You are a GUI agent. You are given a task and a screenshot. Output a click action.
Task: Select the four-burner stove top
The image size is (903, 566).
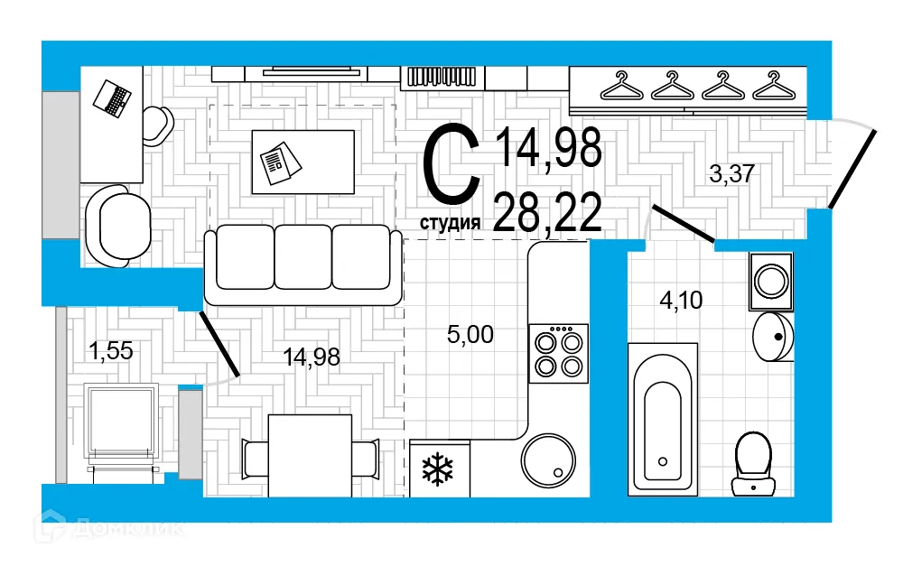tap(558, 353)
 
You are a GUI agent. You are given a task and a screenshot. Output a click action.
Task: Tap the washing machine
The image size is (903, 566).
tap(770, 281)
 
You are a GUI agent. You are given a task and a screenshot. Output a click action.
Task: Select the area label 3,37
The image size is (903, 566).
tap(731, 175)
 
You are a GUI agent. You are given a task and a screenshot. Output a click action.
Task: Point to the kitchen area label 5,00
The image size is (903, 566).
tap(470, 335)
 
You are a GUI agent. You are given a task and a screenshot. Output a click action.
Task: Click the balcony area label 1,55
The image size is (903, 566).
tap(110, 350)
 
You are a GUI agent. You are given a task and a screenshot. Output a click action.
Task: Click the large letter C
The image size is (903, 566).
tap(451, 167)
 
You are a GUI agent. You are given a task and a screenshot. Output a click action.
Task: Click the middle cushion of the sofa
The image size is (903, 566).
tap(303, 256)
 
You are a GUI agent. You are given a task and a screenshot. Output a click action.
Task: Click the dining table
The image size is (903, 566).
tap(310, 455)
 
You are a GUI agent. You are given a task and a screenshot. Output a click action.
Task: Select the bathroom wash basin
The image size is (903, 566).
tap(773, 337)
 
